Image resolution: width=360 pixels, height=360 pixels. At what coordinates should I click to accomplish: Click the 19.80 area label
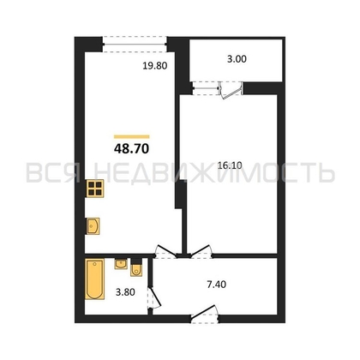point(155,66)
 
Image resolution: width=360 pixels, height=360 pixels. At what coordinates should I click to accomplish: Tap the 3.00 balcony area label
point(237,59)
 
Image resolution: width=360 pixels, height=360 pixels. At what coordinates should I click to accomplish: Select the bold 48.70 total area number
point(132,148)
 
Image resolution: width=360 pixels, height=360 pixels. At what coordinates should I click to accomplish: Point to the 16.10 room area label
point(230,165)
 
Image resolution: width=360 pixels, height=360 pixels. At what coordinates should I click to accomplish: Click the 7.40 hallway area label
point(216,285)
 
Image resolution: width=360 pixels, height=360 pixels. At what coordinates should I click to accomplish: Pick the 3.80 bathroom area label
point(125,292)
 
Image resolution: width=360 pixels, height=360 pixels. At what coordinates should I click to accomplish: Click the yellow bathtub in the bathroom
point(95,279)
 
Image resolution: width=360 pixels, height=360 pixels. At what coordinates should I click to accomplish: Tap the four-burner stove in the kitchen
point(95,189)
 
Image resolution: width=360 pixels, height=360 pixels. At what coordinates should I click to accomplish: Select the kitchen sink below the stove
point(93,226)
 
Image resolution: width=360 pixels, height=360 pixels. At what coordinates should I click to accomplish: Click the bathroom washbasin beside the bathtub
point(121,263)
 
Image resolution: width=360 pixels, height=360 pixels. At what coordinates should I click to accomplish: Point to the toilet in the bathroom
point(136,267)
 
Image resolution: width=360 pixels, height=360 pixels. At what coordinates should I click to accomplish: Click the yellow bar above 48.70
point(132,136)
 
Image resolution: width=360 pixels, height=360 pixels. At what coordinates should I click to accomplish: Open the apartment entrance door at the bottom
point(205,315)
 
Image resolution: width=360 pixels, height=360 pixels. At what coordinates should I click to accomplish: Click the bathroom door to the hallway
point(154,297)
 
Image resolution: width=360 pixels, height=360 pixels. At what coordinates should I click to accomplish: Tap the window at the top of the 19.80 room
point(135,45)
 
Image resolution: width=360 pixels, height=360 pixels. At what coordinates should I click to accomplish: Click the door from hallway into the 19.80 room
point(165,252)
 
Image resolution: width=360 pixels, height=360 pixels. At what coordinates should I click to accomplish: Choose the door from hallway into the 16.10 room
point(201,252)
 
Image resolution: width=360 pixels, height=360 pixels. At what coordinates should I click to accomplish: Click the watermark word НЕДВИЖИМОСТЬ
point(214,172)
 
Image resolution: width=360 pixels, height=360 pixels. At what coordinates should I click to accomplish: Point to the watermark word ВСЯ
point(53,172)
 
